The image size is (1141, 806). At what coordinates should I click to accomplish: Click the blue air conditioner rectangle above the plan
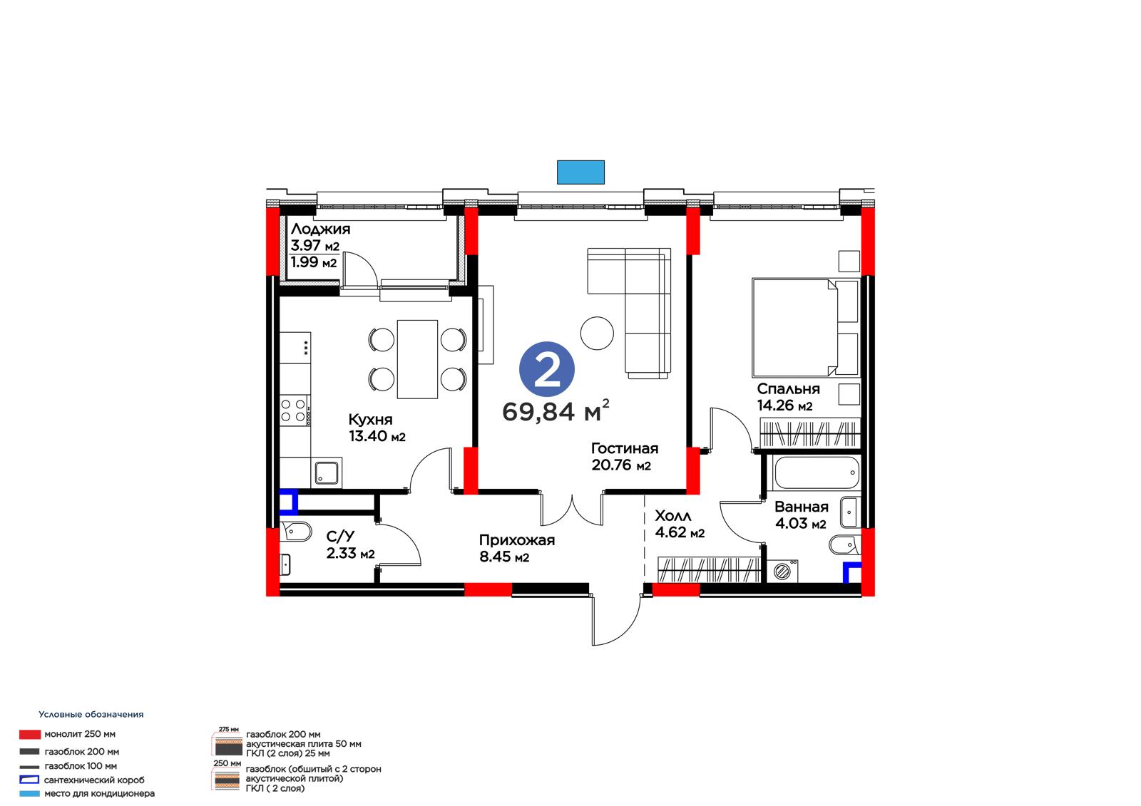[x=580, y=172]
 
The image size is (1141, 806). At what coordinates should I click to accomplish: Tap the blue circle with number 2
[x=546, y=369]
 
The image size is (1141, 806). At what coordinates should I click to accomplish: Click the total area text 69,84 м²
[x=556, y=410]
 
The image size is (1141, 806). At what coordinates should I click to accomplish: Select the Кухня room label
[x=370, y=420]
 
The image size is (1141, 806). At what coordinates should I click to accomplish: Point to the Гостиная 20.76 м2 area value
[x=621, y=465]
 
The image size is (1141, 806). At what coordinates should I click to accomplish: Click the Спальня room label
[x=788, y=389]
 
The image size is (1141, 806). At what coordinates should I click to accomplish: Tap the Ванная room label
[x=802, y=507]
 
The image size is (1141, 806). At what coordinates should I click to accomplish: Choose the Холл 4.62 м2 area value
[x=680, y=532]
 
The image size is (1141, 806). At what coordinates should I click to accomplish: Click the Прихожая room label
[x=517, y=540]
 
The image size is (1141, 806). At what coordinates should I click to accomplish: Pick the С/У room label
[x=340, y=536]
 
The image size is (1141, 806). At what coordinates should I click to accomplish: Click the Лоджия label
[x=320, y=229]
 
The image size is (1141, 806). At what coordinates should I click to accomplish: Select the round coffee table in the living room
[x=597, y=333]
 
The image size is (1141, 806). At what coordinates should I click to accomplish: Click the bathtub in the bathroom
[x=816, y=472]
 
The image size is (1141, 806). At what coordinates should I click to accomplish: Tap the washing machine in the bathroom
[x=782, y=571]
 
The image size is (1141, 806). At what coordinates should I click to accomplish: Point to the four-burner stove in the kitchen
[x=295, y=410]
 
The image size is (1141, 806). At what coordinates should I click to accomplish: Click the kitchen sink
[x=326, y=472]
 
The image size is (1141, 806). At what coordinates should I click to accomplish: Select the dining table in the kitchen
[x=417, y=359]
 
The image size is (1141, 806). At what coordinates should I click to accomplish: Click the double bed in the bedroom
[x=805, y=327]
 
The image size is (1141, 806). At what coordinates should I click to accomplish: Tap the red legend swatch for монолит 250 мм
[x=29, y=734]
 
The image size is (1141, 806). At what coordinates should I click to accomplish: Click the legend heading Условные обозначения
[x=91, y=714]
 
